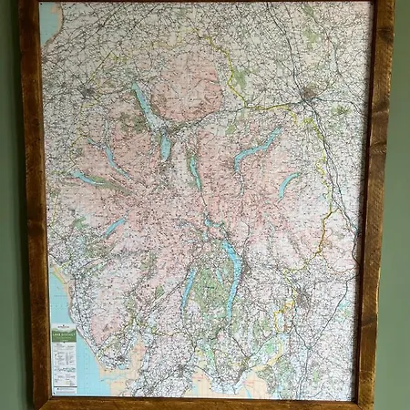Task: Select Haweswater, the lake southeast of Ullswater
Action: (x=289, y=185)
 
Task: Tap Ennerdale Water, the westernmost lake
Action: (x=85, y=177)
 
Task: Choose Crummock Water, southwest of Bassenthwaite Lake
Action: (x=111, y=157)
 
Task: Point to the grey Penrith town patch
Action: (x=310, y=93)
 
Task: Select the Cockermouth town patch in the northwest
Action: (x=88, y=92)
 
